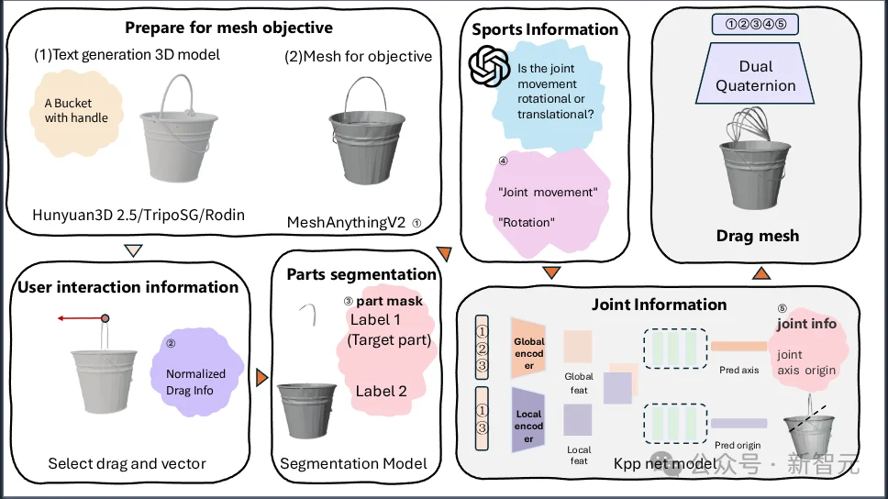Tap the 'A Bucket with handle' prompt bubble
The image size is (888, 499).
coord(76,111)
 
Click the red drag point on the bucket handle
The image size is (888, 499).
coord(105,318)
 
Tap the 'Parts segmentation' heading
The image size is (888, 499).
coord(361,274)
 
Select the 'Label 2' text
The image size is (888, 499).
coord(382,391)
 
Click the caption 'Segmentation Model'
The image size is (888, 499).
coord(353,463)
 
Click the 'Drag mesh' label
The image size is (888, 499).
coord(758,236)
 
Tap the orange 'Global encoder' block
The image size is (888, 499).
coord(529,353)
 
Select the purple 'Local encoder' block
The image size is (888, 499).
coord(529,427)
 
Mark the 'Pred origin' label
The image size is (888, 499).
coord(738,445)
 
